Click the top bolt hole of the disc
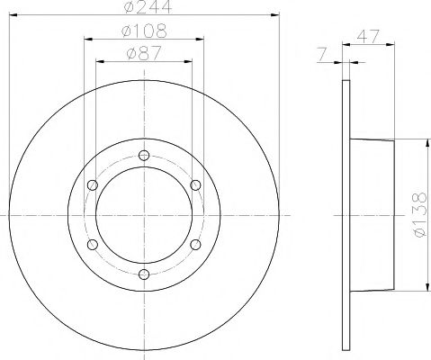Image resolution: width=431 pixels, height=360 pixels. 144,156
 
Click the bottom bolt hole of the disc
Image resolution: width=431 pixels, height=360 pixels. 144,274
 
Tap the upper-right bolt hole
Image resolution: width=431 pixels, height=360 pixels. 195,185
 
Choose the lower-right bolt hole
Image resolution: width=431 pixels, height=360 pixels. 195,245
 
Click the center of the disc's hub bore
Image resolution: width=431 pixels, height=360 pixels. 144,215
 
